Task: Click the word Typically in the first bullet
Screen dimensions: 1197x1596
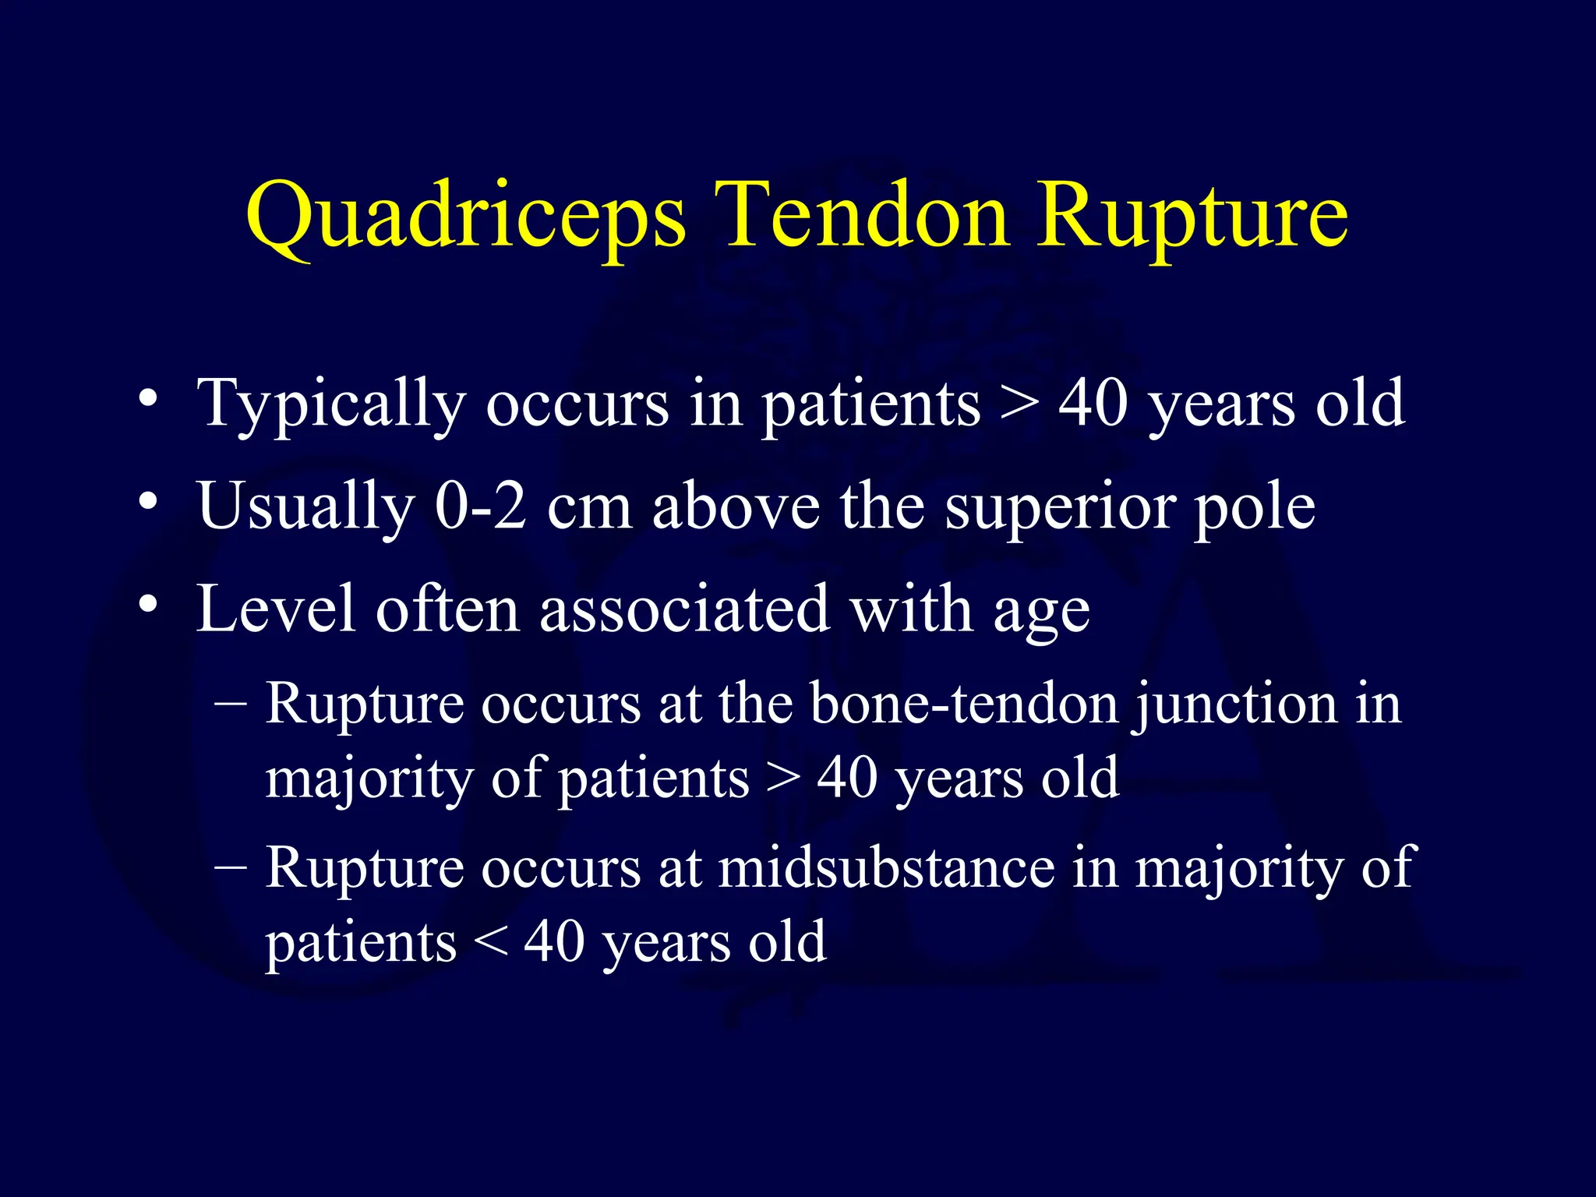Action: pyautogui.click(x=331, y=404)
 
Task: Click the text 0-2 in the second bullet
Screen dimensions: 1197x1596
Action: pyautogui.click(x=481, y=507)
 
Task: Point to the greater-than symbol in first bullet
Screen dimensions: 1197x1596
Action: pyautogui.click(x=1019, y=405)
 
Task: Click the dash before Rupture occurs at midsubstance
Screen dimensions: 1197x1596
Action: pyautogui.click(x=231, y=867)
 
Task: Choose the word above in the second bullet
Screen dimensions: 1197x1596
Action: pyautogui.click(x=736, y=507)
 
